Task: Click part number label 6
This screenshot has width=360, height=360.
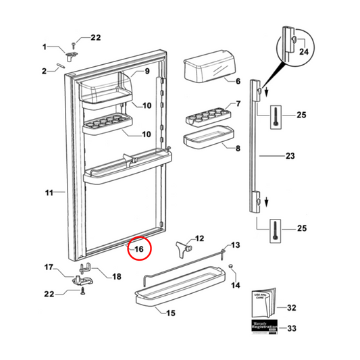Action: click(x=238, y=82)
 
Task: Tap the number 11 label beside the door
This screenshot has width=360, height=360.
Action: click(x=49, y=193)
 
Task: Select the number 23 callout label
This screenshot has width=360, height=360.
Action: click(x=290, y=157)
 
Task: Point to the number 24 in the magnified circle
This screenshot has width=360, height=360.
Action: click(x=303, y=51)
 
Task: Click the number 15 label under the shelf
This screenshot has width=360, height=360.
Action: click(x=171, y=313)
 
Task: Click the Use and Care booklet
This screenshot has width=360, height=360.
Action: click(x=262, y=302)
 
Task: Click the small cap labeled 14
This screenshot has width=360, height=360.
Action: click(x=232, y=268)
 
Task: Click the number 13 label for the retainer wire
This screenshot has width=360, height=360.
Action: click(x=236, y=245)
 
